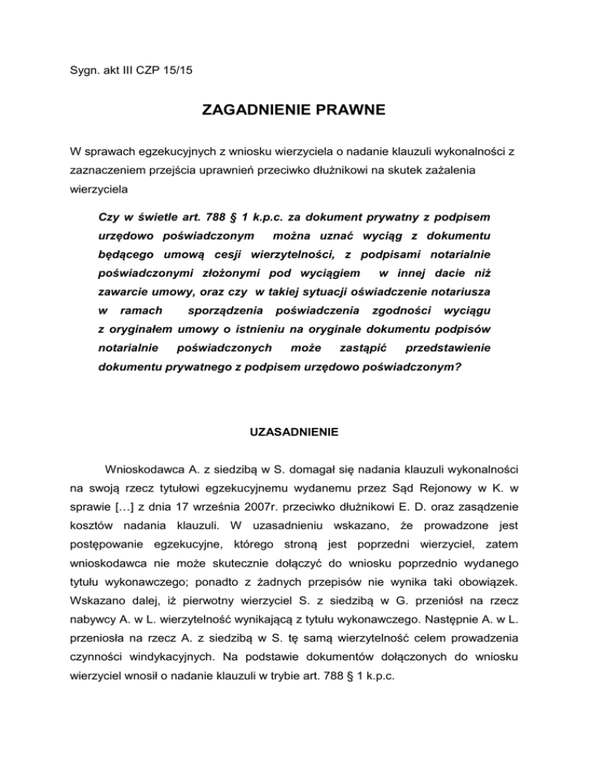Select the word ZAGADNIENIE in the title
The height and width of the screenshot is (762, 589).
pyautogui.click(x=258, y=112)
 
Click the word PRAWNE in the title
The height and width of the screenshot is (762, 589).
pyautogui.click(x=352, y=112)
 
